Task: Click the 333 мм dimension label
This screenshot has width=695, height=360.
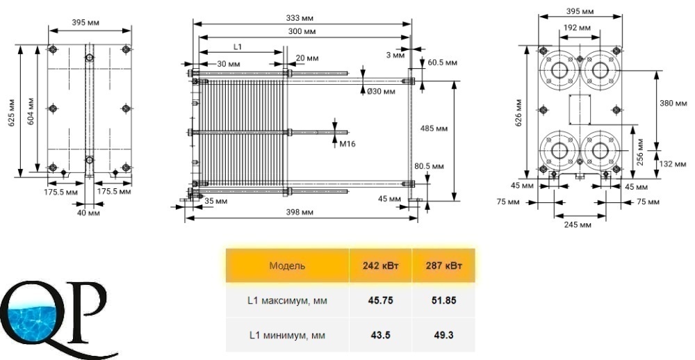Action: [300, 18]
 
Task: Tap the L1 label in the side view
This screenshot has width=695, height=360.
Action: [238, 46]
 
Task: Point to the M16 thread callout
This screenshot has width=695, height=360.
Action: [347, 144]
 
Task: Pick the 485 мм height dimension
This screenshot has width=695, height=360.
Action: [434, 129]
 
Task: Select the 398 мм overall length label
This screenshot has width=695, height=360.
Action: [300, 213]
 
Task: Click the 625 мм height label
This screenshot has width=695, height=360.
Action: [13, 111]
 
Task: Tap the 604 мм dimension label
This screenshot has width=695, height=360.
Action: [31, 111]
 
